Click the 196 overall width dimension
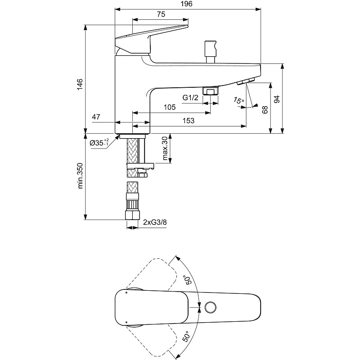(186, 4)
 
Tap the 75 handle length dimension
(161, 14)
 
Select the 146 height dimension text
(80, 84)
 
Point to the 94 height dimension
(277, 99)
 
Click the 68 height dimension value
(265, 110)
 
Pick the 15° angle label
(238, 100)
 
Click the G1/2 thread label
(190, 98)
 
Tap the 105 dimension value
(170, 107)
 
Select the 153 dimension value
(188, 121)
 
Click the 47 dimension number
(96, 117)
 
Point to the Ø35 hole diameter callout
(99, 143)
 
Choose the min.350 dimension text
(80, 176)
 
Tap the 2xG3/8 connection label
(155, 222)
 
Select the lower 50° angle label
(186, 336)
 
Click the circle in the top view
(211, 307)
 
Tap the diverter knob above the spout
(211, 51)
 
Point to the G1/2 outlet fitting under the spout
(211, 91)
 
